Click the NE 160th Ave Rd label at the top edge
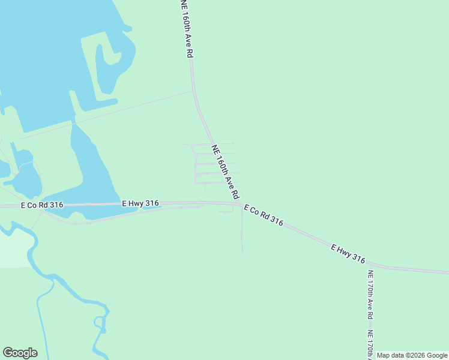[187, 29]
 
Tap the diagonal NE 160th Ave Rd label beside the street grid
[225, 172]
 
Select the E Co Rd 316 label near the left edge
[42, 205]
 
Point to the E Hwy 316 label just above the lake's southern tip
[140, 203]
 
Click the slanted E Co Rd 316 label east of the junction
[264, 214]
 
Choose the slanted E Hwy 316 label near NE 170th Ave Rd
[348, 253]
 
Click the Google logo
[20, 353]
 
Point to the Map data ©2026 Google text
[412, 355]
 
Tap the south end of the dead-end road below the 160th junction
[243, 251]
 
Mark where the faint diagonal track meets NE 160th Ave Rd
[193, 91]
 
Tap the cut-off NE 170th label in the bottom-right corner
[370, 345]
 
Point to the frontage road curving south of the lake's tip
[120, 217]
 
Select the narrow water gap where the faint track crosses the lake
[73, 123]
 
